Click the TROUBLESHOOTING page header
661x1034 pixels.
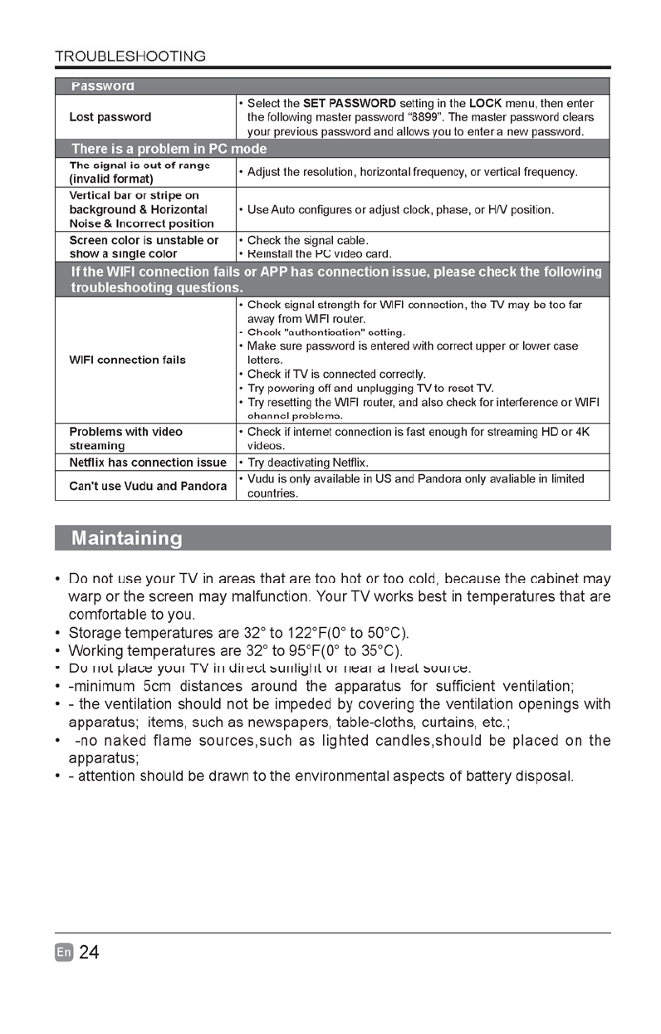pos(130,56)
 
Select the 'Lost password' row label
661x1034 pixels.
pos(110,117)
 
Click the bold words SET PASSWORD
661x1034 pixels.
pos(349,103)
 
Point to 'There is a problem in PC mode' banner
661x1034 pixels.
pos(169,149)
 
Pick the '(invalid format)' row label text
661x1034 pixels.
pos(110,179)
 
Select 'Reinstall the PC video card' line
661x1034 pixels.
pos(319,253)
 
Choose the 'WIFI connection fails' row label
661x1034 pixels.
pos(127,360)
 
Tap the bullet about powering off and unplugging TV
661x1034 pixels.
pos(370,389)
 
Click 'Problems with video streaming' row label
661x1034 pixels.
pos(125,439)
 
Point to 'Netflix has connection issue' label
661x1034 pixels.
pos(147,462)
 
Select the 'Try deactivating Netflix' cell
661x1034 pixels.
pos(307,462)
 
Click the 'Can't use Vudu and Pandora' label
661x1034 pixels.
pos(147,486)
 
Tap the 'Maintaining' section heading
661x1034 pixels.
pos(126,538)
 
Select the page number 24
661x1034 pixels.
pos(89,953)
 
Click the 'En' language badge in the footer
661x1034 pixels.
pos(65,953)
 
